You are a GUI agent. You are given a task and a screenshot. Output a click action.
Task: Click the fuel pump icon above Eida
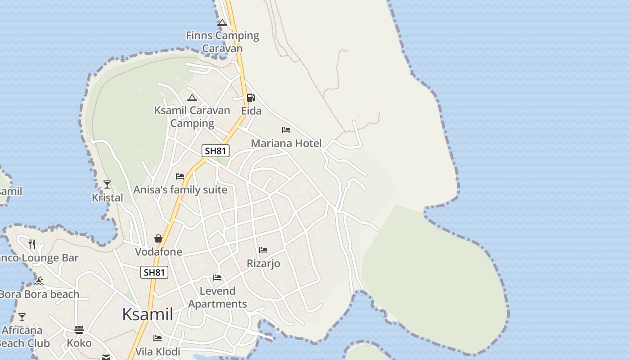[x=251, y=98]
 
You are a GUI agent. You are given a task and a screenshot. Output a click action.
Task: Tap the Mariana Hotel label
[x=286, y=144]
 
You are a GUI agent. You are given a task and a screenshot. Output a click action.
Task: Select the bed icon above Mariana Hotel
[x=286, y=130]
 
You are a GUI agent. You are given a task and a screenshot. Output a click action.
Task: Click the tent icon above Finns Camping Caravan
[x=222, y=22]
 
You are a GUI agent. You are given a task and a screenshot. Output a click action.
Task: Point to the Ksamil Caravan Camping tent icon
[x=192, y=98]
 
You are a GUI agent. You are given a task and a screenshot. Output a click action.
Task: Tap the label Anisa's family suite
[x=180, y=190]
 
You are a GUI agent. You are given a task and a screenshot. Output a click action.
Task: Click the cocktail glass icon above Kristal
[x=107, y=184]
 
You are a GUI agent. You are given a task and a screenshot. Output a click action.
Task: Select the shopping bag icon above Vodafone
[x=158, y=238]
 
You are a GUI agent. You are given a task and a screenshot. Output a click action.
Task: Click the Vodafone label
[x=159, y=252]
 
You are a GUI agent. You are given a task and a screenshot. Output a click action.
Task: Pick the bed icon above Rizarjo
[x=263, y=250]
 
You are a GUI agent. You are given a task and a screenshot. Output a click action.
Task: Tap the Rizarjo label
[x=264, y=263]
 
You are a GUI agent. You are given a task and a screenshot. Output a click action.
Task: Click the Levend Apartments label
[x=218, y=297]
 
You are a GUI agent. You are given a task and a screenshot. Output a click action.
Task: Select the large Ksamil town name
[x=148, y=314]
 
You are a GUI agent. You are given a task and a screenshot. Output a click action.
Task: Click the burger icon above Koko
[x=79, y=330]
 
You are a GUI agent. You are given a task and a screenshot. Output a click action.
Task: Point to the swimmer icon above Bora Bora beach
[x=39, y=281]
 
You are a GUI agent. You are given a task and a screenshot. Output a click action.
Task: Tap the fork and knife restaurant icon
[x=32, y=244]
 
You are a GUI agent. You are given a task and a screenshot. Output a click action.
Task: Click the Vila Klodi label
[x=157, y=351]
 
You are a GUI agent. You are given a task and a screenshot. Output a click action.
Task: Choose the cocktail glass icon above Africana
[x=22, y=317]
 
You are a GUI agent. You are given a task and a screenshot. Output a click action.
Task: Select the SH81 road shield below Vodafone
[x=154, y=272]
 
